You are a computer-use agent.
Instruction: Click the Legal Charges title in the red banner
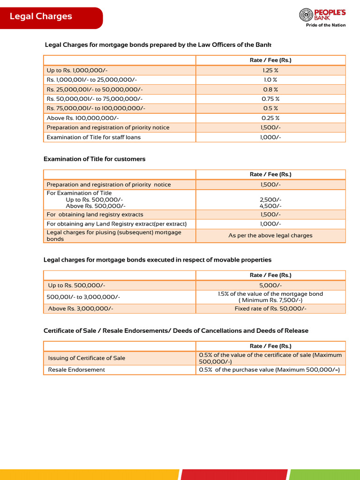41,16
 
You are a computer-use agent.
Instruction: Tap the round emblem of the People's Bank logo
306,15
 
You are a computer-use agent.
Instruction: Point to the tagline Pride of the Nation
326,25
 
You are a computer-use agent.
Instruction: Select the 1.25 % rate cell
270,70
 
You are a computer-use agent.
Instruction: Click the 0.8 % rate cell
270,90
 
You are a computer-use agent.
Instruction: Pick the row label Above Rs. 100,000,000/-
82,118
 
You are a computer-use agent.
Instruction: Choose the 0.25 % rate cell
270,118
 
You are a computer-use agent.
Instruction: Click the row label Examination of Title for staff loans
94,137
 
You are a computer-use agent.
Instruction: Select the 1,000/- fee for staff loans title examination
270,137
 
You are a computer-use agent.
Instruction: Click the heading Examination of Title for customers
94,159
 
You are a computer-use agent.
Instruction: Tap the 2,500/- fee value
270,200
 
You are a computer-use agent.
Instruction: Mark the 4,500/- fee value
270,206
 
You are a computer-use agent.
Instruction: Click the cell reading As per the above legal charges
270,235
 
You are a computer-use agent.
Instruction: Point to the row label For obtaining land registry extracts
95,214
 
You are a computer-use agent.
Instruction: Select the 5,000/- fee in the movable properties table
270,285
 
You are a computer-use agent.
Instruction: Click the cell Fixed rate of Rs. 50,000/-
270,308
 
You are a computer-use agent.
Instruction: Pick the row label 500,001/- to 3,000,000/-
83,297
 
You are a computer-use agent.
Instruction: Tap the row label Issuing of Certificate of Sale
87,358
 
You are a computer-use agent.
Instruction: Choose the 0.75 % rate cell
270,99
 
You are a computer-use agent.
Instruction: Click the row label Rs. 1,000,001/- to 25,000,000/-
92,80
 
